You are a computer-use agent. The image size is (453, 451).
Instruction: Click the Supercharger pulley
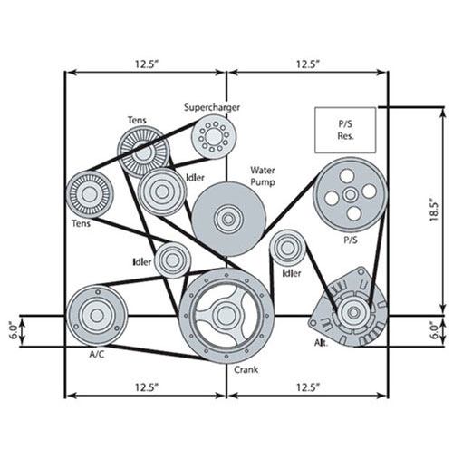pos(214,136)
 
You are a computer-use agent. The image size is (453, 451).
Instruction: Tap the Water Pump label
pos(263,176)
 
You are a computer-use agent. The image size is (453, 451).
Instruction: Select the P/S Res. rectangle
pos(345,130)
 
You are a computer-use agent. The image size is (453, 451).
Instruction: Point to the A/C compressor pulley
pos(97,316)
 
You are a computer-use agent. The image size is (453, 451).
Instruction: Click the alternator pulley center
pos(353,312)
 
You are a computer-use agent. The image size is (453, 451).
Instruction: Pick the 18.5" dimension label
pos(434,210)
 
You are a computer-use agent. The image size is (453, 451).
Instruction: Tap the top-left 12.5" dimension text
pos(147,64)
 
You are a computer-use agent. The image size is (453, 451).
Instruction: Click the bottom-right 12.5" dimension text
pos(308,387)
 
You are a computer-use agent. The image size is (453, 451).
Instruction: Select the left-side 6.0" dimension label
pos(14,330)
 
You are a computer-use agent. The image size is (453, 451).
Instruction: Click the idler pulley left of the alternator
pos(287,248)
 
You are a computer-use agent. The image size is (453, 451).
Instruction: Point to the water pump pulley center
pos(228,219)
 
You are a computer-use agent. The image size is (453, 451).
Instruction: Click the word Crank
pos(246,369)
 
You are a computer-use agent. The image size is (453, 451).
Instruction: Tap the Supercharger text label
pos(212,107)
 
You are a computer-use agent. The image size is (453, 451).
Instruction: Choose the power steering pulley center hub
pos(351,195)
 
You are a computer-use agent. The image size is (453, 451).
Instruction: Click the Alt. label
pos(321,343)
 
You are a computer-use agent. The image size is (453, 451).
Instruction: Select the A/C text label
pos(97,354)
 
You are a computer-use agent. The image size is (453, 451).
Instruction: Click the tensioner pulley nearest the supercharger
pos(143,152)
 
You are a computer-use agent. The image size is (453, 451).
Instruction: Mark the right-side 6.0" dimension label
pos(434,330)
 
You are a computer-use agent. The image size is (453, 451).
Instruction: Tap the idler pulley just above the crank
pos(173,260)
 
